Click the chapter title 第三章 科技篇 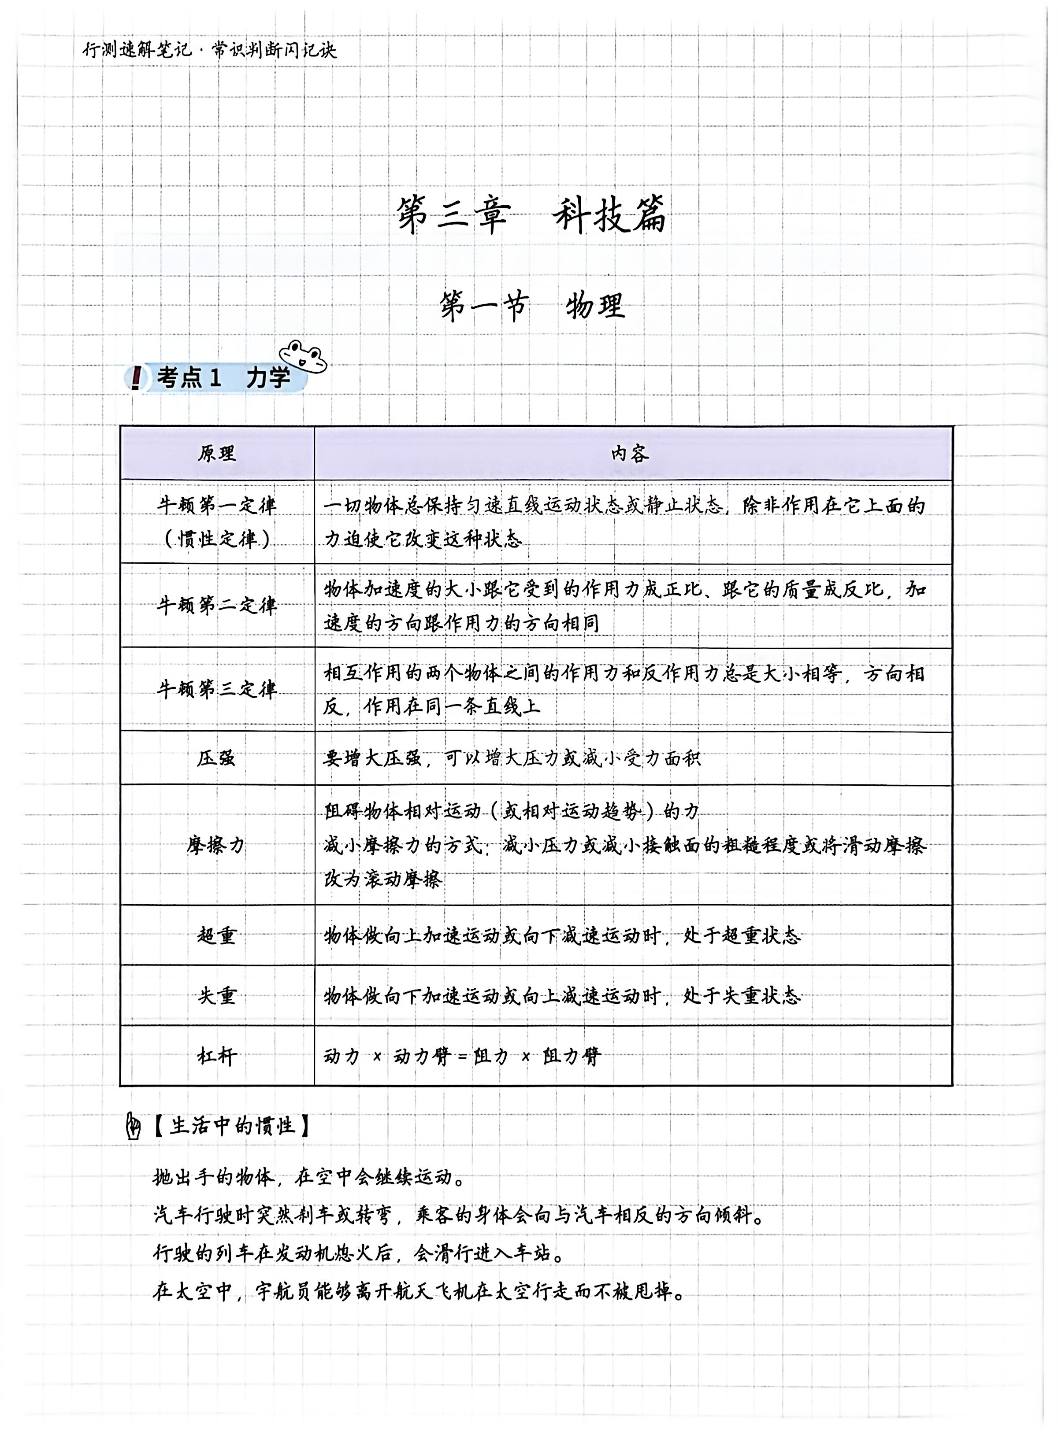[x=531, y=215]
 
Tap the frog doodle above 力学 [x=302, y=356]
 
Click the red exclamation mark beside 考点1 [x=135, y=378]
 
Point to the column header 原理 [x=216, y=453]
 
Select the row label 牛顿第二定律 [x=216, y=606]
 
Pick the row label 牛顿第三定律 [x=216, y=689]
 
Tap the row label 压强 [x=216, y=758]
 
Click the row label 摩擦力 [x=216, y=846]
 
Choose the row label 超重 [x=216, y=936]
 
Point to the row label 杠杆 [x=216, y=1056]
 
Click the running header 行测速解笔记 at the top [x=137, y=50]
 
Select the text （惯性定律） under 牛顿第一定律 [x=216, y=539]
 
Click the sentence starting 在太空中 [x=419, y=1292]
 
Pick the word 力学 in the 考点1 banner [x=268, y=378]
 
